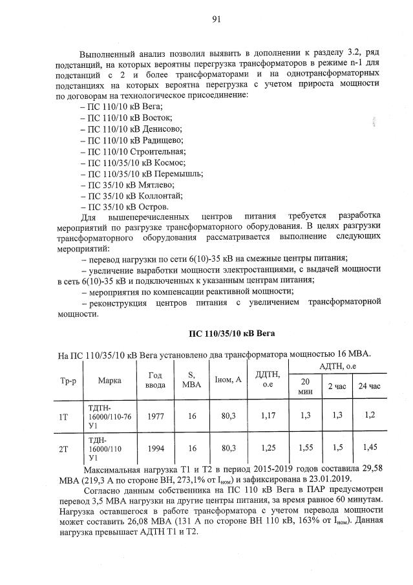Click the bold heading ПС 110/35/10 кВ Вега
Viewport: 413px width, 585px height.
point(232,333)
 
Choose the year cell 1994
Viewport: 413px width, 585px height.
point(155,447)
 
